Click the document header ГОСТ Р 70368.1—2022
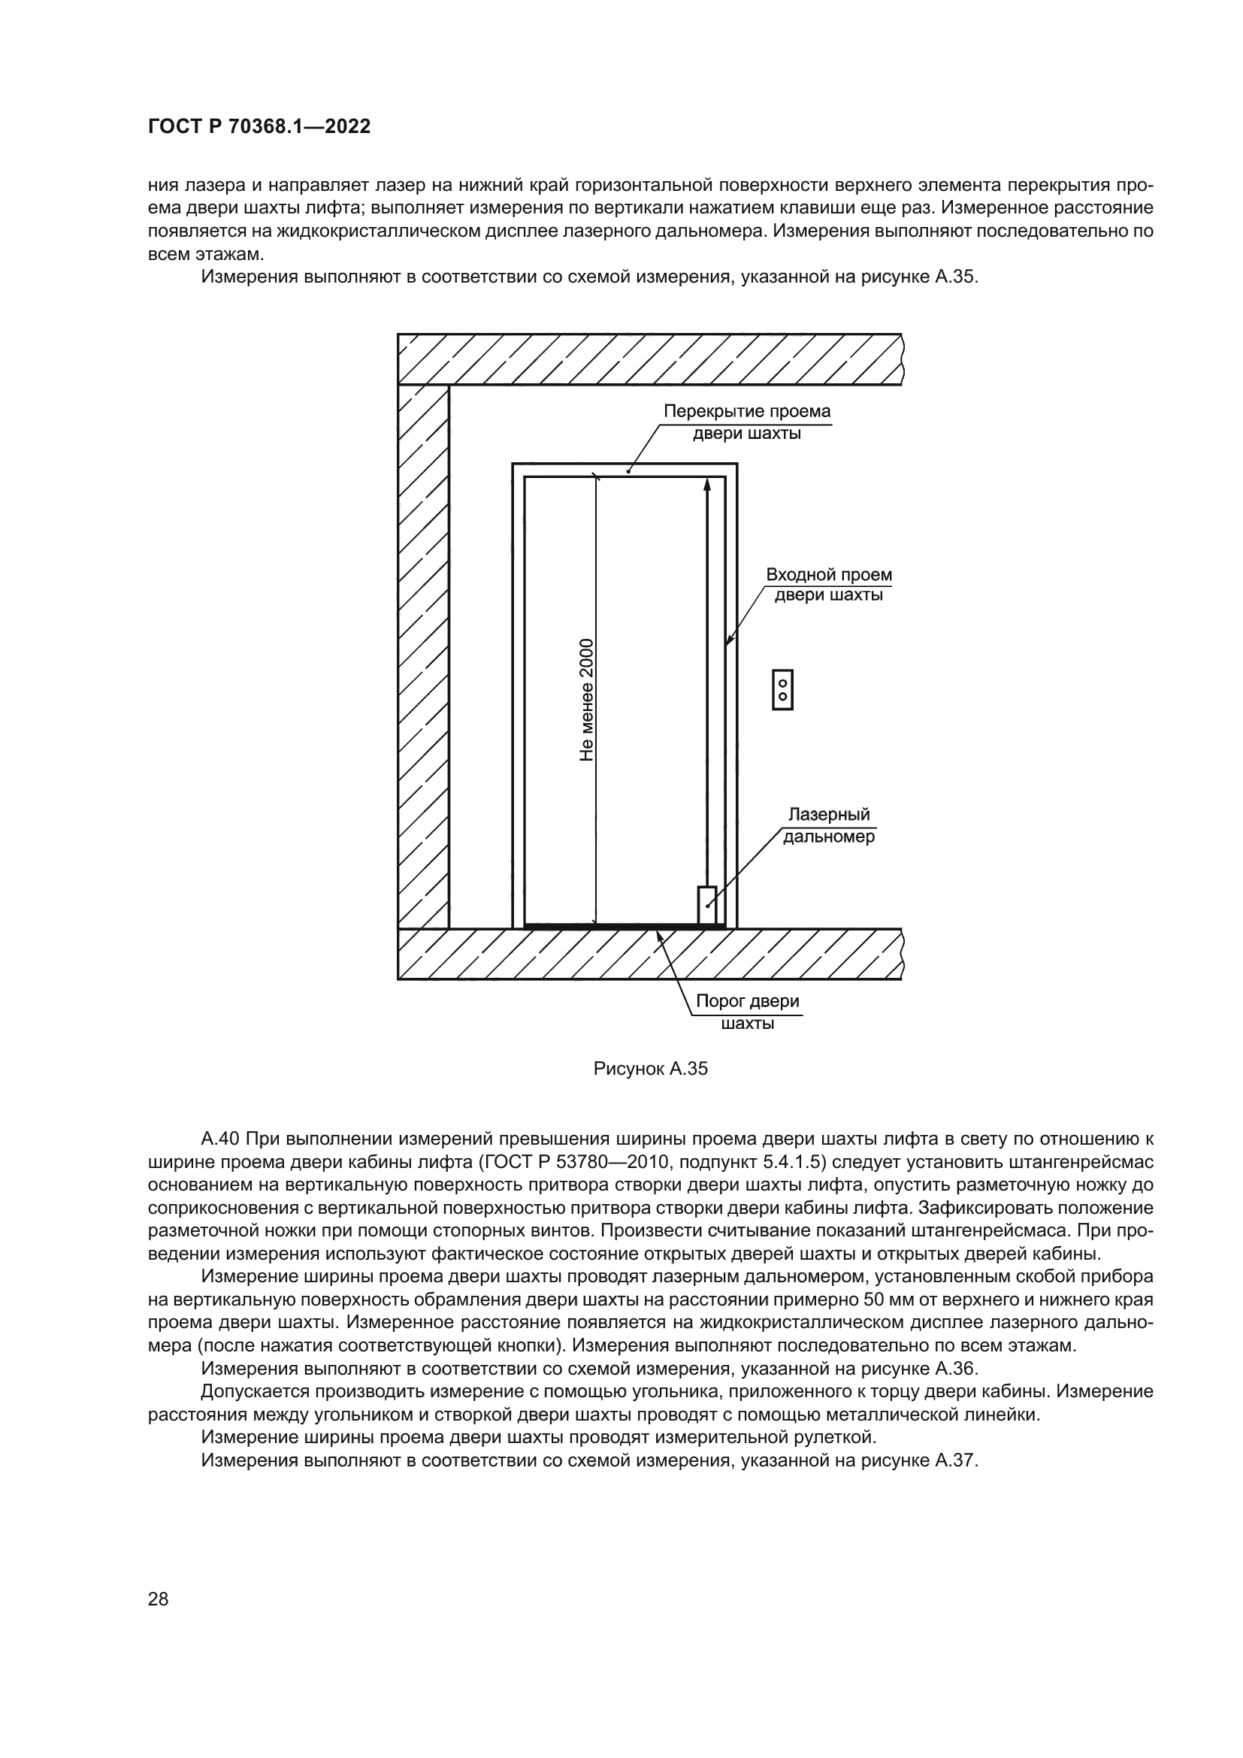pos(259,127)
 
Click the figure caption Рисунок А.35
pos(651,1069)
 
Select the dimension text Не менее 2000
pos(587,700)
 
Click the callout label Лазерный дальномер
pos(829,826)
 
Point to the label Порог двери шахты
pos(747,1012)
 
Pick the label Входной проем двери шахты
pos(829,585)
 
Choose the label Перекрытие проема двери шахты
pos(746,422)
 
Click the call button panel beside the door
pos(782,690)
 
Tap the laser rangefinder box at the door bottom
pos(706,905)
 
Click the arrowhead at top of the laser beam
pos(706,486)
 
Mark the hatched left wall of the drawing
pos(422,651)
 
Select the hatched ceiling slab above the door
pos(649,359)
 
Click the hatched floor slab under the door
pos(649,954)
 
